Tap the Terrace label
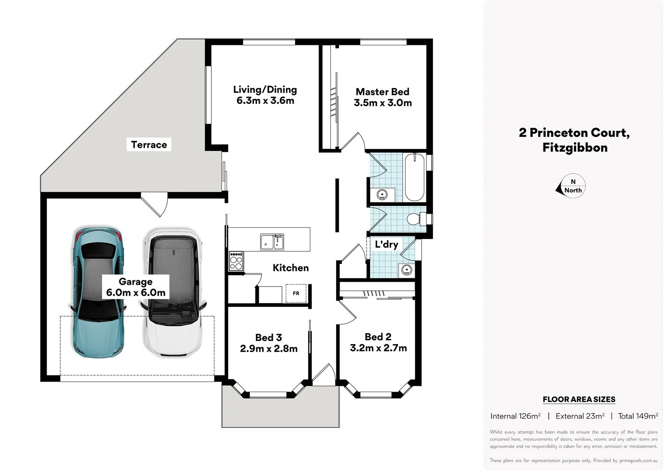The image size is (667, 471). pos(149,145)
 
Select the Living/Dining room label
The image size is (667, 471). pos(265,90)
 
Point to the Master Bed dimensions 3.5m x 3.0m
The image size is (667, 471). pos(383,103)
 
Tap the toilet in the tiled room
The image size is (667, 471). pos(415,218)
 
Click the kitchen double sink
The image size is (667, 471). pos(272,242)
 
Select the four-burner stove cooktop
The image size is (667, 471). pos(236,261)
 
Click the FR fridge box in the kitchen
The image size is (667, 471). pos(296,293)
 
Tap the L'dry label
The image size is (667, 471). pos(386,244)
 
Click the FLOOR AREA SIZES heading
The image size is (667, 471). pos(579,399)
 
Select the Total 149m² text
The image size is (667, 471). pos(638,416)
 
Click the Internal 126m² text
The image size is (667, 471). pos(516,416)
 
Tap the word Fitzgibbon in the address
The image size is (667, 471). pos(575,147)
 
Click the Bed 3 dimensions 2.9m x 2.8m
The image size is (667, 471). pos(268,348)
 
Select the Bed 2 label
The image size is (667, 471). pos(378,337)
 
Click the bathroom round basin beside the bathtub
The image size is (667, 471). pos(382,195)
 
